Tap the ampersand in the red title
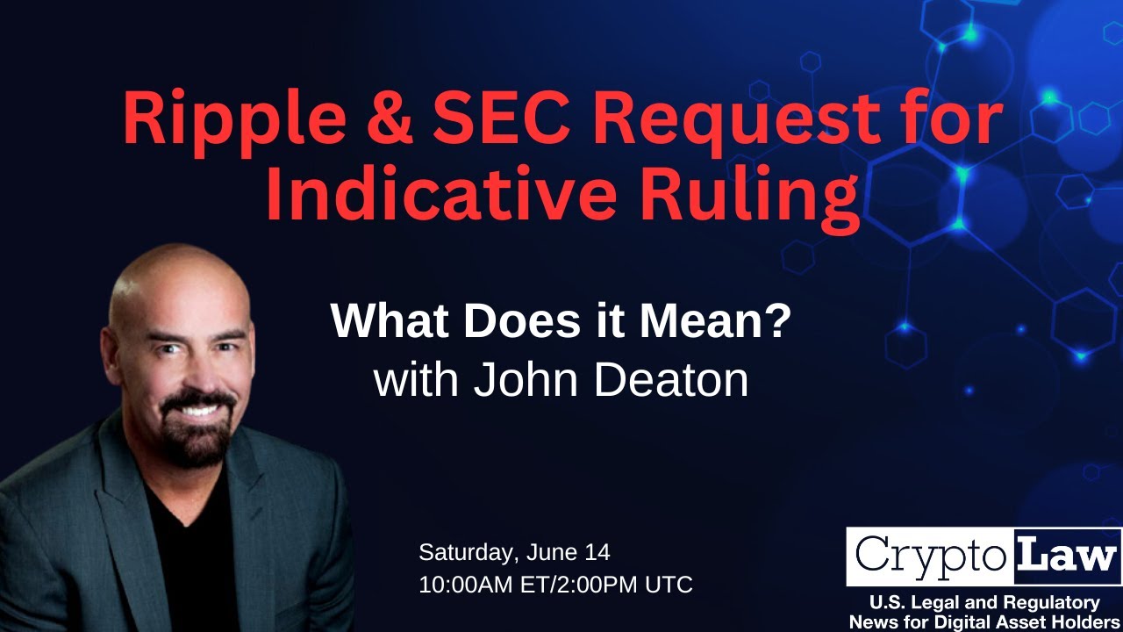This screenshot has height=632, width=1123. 390,118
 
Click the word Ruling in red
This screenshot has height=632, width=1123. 750,199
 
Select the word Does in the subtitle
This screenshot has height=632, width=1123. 522,321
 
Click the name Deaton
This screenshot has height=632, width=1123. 671,380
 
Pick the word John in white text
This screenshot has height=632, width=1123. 526,380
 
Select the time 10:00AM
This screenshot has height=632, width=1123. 466,585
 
